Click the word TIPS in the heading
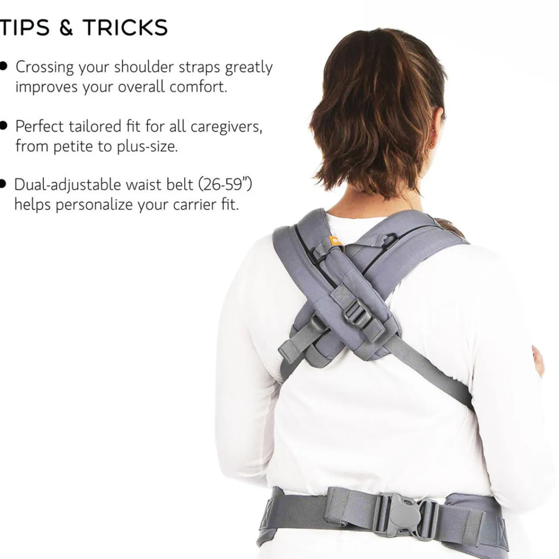pos(24,28)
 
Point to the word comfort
pos(198,86)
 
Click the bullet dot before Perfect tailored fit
pos(3,126)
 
